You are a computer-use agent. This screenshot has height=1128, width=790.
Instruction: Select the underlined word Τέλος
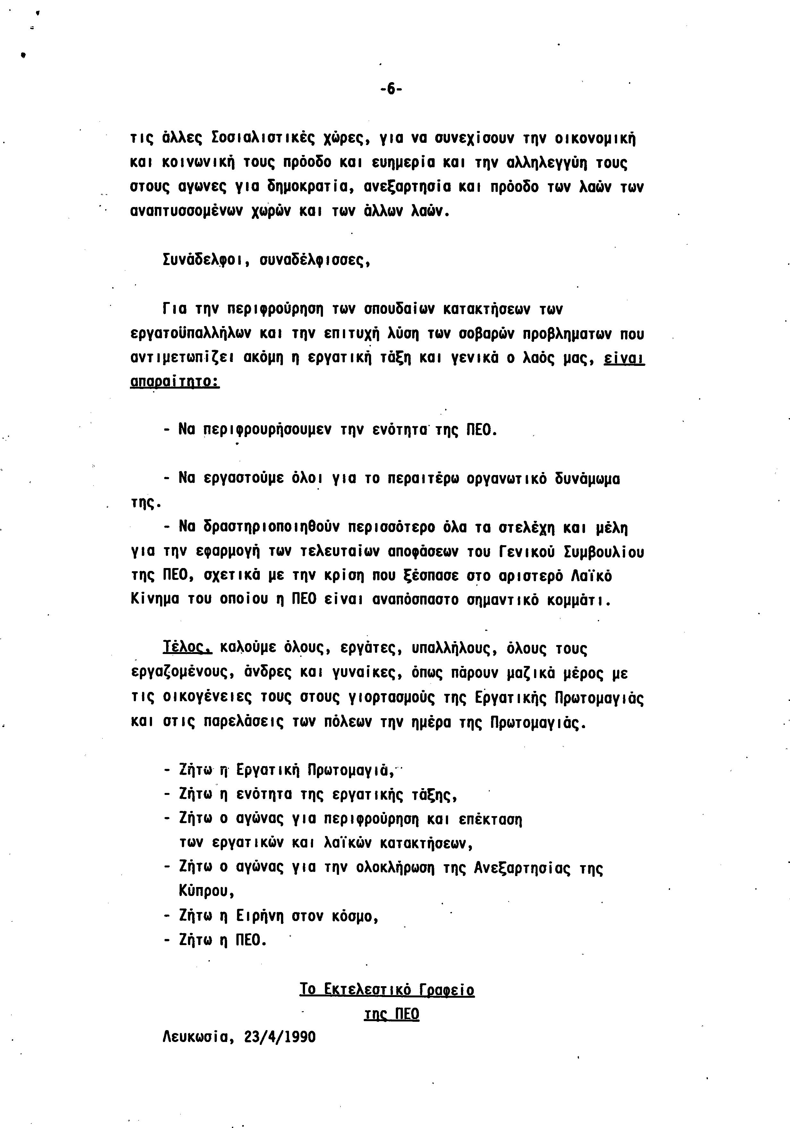pos(187,649)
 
